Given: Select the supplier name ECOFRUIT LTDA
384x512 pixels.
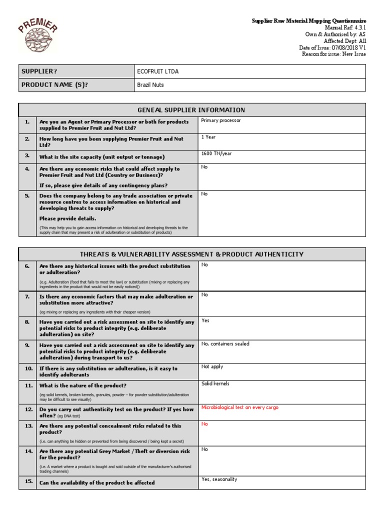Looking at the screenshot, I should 157,71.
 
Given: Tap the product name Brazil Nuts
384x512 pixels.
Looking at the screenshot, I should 150,85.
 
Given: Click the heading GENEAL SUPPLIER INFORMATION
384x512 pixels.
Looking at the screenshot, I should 192,110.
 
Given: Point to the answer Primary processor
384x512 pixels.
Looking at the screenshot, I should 221,120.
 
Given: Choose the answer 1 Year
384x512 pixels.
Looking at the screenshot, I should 208,137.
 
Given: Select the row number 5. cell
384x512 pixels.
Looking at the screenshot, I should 27,196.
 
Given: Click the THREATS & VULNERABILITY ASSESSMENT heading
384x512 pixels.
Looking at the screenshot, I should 192,254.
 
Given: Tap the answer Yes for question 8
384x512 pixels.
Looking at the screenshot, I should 205,321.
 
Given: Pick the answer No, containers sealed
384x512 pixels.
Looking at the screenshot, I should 225,344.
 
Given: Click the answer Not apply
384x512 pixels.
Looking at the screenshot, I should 213,367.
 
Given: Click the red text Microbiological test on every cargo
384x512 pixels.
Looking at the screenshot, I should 239,407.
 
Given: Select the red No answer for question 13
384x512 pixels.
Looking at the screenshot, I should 204,424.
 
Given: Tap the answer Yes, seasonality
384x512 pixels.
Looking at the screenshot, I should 219,479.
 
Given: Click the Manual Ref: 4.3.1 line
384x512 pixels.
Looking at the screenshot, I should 338,27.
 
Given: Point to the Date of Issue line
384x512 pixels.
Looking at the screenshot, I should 332,47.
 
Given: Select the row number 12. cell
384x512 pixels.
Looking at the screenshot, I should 27,409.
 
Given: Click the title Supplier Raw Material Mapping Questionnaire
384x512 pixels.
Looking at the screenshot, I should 308,20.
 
